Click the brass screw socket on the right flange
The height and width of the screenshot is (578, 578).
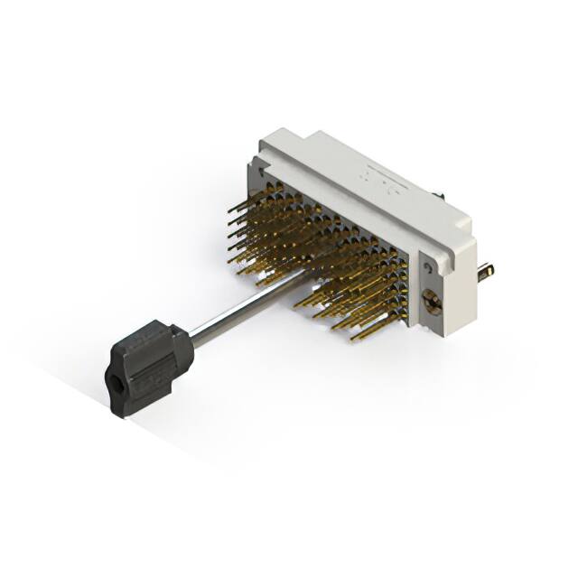pos(433,304)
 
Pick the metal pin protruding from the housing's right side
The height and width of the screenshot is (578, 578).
pos(486,270)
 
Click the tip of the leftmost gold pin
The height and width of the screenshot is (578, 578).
pos(229,211)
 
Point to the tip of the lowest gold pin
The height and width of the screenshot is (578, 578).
pos(353,340)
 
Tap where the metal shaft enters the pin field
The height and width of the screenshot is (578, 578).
pos(298,275)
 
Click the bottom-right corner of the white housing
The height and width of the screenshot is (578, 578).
pos(449,334)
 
